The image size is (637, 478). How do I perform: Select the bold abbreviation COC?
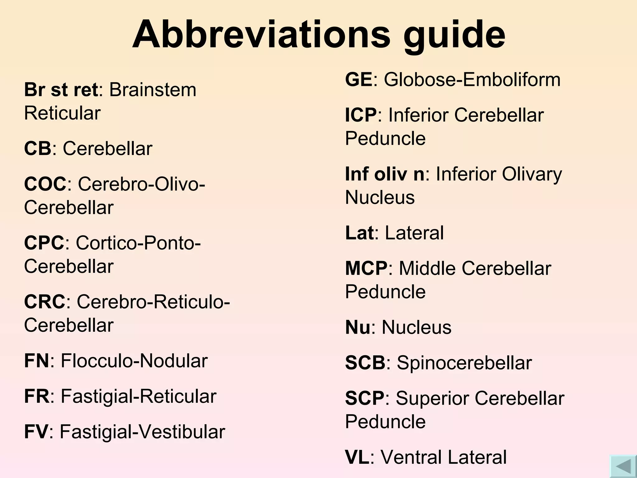pyautogui.click(x=45, y=184)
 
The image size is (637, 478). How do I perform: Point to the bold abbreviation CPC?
pyautogui.click(x=44, y=243)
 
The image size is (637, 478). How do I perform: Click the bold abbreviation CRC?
pyautogui.click(x=45, y=302)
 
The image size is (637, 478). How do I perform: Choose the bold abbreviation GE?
pyautogui.click(x=359, y=79)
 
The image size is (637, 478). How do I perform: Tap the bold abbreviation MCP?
pyautogui.click(x=366, y=268)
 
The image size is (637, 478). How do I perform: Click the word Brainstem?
pyautogui.click(x=153, y=90)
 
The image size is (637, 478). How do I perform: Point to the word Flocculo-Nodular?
pyautogui.click(x=134, y=361)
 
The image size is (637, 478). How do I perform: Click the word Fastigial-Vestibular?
pyautogui.click(x=142, y=432)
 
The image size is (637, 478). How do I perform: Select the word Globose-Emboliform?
pyautogui.click(x=472, y=80)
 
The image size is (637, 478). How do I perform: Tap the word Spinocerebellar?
pyautogui.click(x=464, y=363)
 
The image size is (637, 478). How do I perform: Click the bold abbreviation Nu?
pyautogui.click(x=358, y=327)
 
